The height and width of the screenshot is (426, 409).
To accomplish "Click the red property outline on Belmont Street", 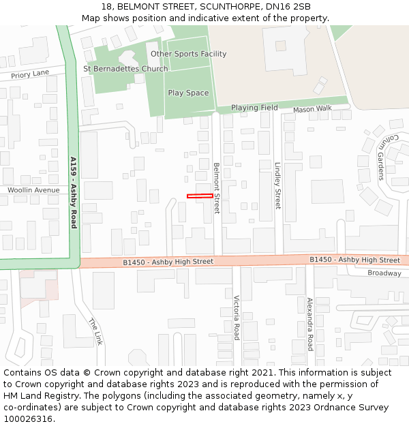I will (200, 196).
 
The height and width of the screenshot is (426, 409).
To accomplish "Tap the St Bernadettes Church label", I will (125, 69).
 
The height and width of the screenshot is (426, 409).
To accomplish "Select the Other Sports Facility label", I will (188, 54).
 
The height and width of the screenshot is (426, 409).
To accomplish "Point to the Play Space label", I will (188, 93).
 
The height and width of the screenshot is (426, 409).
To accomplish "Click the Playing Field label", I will (254, 108).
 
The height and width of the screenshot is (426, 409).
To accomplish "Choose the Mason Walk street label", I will (312, 108).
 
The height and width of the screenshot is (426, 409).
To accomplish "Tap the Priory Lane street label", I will (30, 74).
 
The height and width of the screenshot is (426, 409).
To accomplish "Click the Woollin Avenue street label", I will (33, 190).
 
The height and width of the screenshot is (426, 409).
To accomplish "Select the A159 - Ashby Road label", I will (74, 192).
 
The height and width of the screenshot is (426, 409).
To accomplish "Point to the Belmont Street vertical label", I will (217, 188).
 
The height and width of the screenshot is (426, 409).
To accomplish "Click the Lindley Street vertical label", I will (277, 185).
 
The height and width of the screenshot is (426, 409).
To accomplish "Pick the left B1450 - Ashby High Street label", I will (168, 262).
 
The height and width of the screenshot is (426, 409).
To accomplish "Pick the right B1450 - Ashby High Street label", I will (354, 260).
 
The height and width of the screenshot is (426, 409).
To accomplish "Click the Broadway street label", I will (384, 273).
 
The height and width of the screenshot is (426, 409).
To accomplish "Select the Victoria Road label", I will (237, 318).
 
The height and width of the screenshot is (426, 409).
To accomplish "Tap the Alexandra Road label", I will (309, 324).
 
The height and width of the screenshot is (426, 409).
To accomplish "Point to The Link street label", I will (95, 332).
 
